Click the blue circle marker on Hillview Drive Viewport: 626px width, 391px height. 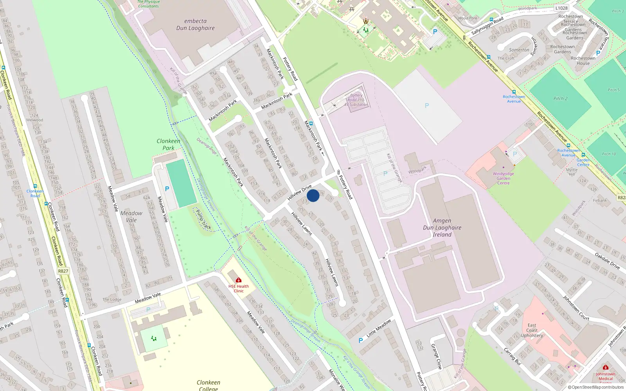coord(313,195)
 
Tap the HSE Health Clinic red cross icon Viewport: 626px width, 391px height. coord(239,280)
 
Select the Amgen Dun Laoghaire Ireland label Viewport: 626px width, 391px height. coord(442,228)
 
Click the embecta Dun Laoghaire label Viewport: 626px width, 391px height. coord(195,24)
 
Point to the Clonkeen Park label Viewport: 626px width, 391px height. coord(169,144)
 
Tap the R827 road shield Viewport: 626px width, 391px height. coord(63,271)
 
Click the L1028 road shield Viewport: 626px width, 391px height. coord(561,8)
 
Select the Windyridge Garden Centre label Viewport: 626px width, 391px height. coord(503,178)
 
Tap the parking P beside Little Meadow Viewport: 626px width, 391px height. coord(361,341)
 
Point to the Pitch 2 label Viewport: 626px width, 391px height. coord(560,99)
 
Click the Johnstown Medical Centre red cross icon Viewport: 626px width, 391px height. coord(606,368)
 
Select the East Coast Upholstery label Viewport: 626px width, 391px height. coord(532,330)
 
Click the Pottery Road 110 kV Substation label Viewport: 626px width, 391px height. coord(356,100)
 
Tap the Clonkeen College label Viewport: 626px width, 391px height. coord(208,385)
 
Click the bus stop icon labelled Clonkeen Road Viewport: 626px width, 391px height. coord(35,187)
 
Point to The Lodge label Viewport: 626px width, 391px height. coord(112,300)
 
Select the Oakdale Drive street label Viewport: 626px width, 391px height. coord(607,261)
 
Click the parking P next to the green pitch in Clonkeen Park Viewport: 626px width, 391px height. coord(167,189)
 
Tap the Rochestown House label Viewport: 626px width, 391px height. coord(583,61)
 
